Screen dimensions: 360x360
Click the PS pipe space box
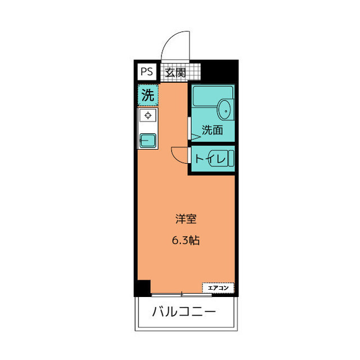coord(147,72)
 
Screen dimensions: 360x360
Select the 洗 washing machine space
coord(147,95)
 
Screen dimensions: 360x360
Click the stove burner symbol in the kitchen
coord(148,116)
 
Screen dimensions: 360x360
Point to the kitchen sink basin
coord(148,139)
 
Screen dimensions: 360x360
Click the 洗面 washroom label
coord(212,130)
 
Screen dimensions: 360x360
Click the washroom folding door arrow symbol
coord(195,136)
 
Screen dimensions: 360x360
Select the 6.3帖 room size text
coord(186,240)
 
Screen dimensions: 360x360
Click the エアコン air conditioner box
coord(218,288)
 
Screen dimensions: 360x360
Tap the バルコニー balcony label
coord(184,312)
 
